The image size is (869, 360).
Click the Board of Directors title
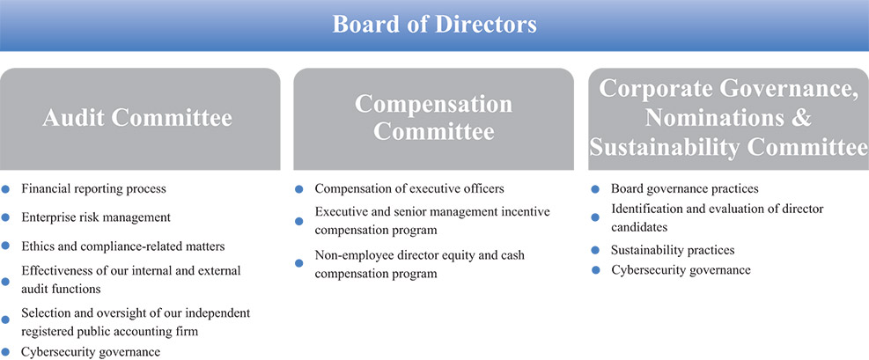pos(434,24)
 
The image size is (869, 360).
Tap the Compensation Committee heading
pos(433,118)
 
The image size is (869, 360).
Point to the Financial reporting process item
pos(93,188)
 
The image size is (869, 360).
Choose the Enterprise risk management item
pos(95,217)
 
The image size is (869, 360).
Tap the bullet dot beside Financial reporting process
pos(6,188)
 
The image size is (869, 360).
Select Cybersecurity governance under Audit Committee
pos(91,352)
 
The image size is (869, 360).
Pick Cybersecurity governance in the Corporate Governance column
pos(681,269)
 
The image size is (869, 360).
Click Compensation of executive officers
pos(409,188)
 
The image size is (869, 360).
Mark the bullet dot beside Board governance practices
pos(595,188)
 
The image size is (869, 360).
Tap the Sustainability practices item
pos(672,250)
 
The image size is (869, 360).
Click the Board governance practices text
pos(684,188)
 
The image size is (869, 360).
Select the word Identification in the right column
pos(648,209)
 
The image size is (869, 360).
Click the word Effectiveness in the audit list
pos(55,270)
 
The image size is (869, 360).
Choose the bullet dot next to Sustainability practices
pos(595,250)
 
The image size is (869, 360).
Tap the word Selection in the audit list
pos(46,312)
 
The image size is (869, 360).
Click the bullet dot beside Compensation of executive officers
pos(298,188)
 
